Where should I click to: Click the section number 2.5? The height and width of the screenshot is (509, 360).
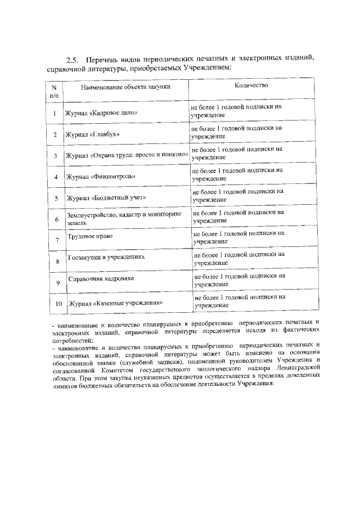tap(72, 60)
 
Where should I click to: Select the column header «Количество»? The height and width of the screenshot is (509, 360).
tap(251, 85)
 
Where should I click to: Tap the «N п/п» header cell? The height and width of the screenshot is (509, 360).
tap(54, 91)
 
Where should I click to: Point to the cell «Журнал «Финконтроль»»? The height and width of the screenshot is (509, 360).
tap(102, 177)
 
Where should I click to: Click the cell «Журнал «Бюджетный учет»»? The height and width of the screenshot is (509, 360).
tap(107, 197)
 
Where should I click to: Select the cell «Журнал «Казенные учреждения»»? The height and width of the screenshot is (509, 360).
tap(116, 303)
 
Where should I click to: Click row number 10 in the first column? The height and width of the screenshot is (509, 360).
tap(57, 304)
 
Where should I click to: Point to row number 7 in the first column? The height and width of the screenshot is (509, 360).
tap(57, 240)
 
